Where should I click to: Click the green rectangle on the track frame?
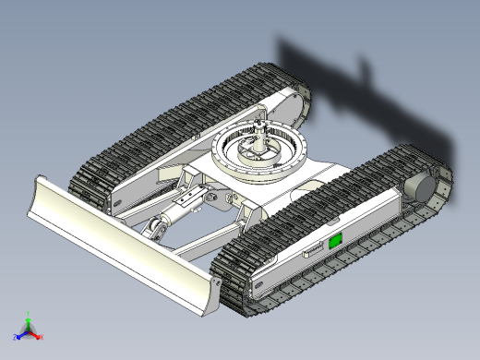[336, 241]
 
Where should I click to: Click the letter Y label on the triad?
[29, 313]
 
